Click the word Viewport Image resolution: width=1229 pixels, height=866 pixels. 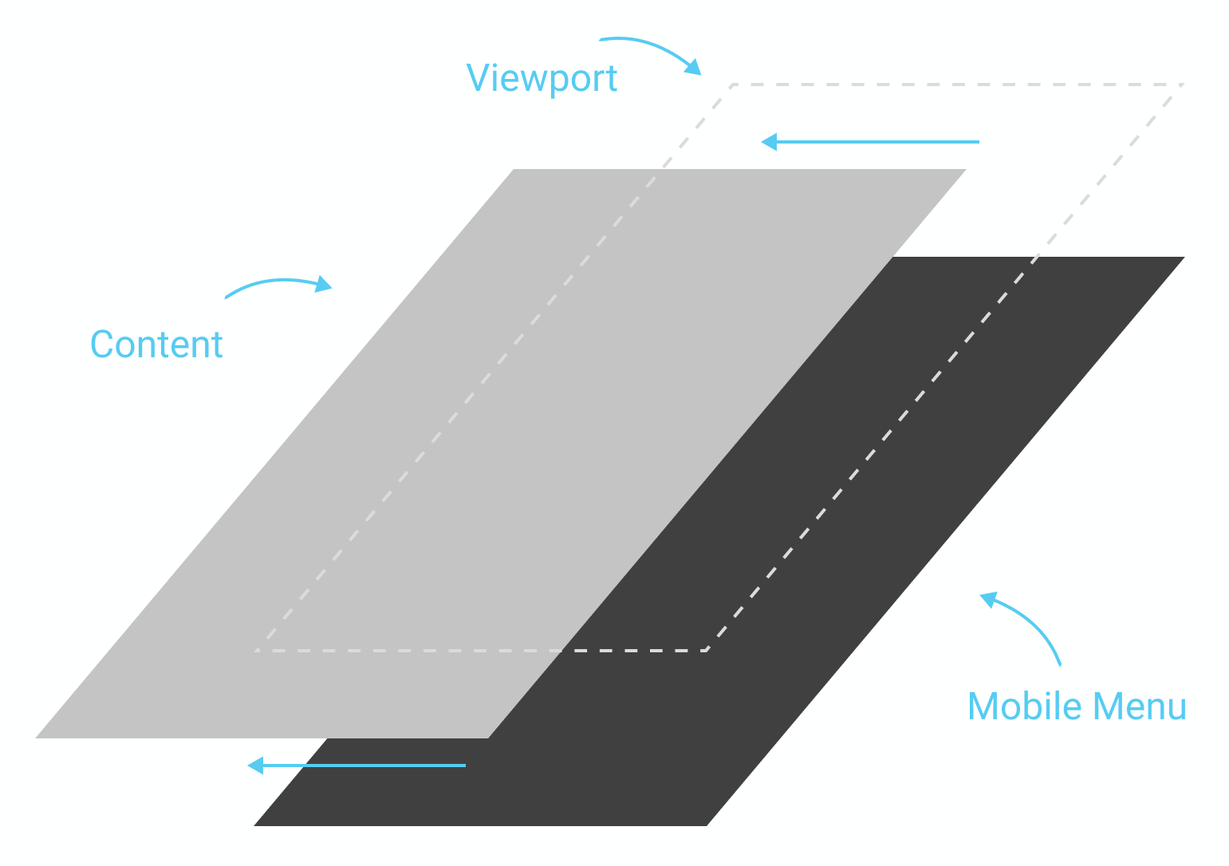(x=542, y=78)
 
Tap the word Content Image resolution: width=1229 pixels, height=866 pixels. (x=156, y=344)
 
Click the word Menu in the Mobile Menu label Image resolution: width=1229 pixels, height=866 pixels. (x=1140, y=707)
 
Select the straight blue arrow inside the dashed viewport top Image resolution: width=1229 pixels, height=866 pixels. (x=870, y=142)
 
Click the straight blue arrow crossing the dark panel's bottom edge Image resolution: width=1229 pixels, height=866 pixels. (x=356, y=766)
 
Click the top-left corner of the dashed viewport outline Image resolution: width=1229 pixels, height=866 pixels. (x=733, y=84)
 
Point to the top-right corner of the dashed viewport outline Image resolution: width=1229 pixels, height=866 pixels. (x=1184, y=84)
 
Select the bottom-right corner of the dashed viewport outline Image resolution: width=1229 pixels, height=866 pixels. (x=707, y=651)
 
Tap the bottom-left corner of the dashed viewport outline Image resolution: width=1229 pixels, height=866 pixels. (x=255, y=651)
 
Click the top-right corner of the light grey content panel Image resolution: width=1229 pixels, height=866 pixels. (x=966, y=170)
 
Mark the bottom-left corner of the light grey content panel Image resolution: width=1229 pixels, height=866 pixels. (x=37, y=738)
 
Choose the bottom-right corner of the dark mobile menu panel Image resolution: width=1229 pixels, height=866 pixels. (x=707, y=825)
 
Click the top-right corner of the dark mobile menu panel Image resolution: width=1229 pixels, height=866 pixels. (x=1184, y=258)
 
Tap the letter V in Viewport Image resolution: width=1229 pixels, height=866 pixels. (x=477, y=77)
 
